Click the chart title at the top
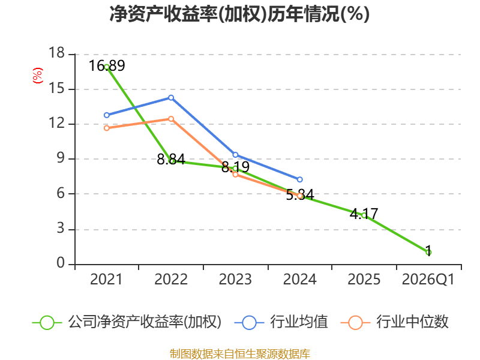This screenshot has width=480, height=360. (239, 14)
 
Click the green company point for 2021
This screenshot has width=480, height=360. (106, 67)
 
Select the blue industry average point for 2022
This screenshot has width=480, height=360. (171, 97)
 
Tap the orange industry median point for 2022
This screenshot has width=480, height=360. (171, 119)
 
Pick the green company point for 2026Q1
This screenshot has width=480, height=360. (428, 252)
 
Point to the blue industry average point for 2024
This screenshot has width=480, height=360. (300, 179)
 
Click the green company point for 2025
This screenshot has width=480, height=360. (364, 215)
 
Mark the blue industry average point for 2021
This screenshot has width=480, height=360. (106, 115)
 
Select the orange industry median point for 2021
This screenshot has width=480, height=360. (106, 128)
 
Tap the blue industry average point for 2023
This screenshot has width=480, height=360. (235, 155)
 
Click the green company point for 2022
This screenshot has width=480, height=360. (172, 161)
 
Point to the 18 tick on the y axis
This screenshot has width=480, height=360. (56, 54)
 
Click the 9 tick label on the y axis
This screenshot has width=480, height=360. (60, 159)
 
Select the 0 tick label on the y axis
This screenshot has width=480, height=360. (60, 264)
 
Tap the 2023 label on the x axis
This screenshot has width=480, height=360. (235, 280)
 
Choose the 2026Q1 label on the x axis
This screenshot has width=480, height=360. (428, 280)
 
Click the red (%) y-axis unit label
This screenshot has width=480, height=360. (37, 76)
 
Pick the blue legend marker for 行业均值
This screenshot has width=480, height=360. (251, 322)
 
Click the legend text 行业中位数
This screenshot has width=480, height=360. (412, 322)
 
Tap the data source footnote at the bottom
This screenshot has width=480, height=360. (239, 353)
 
